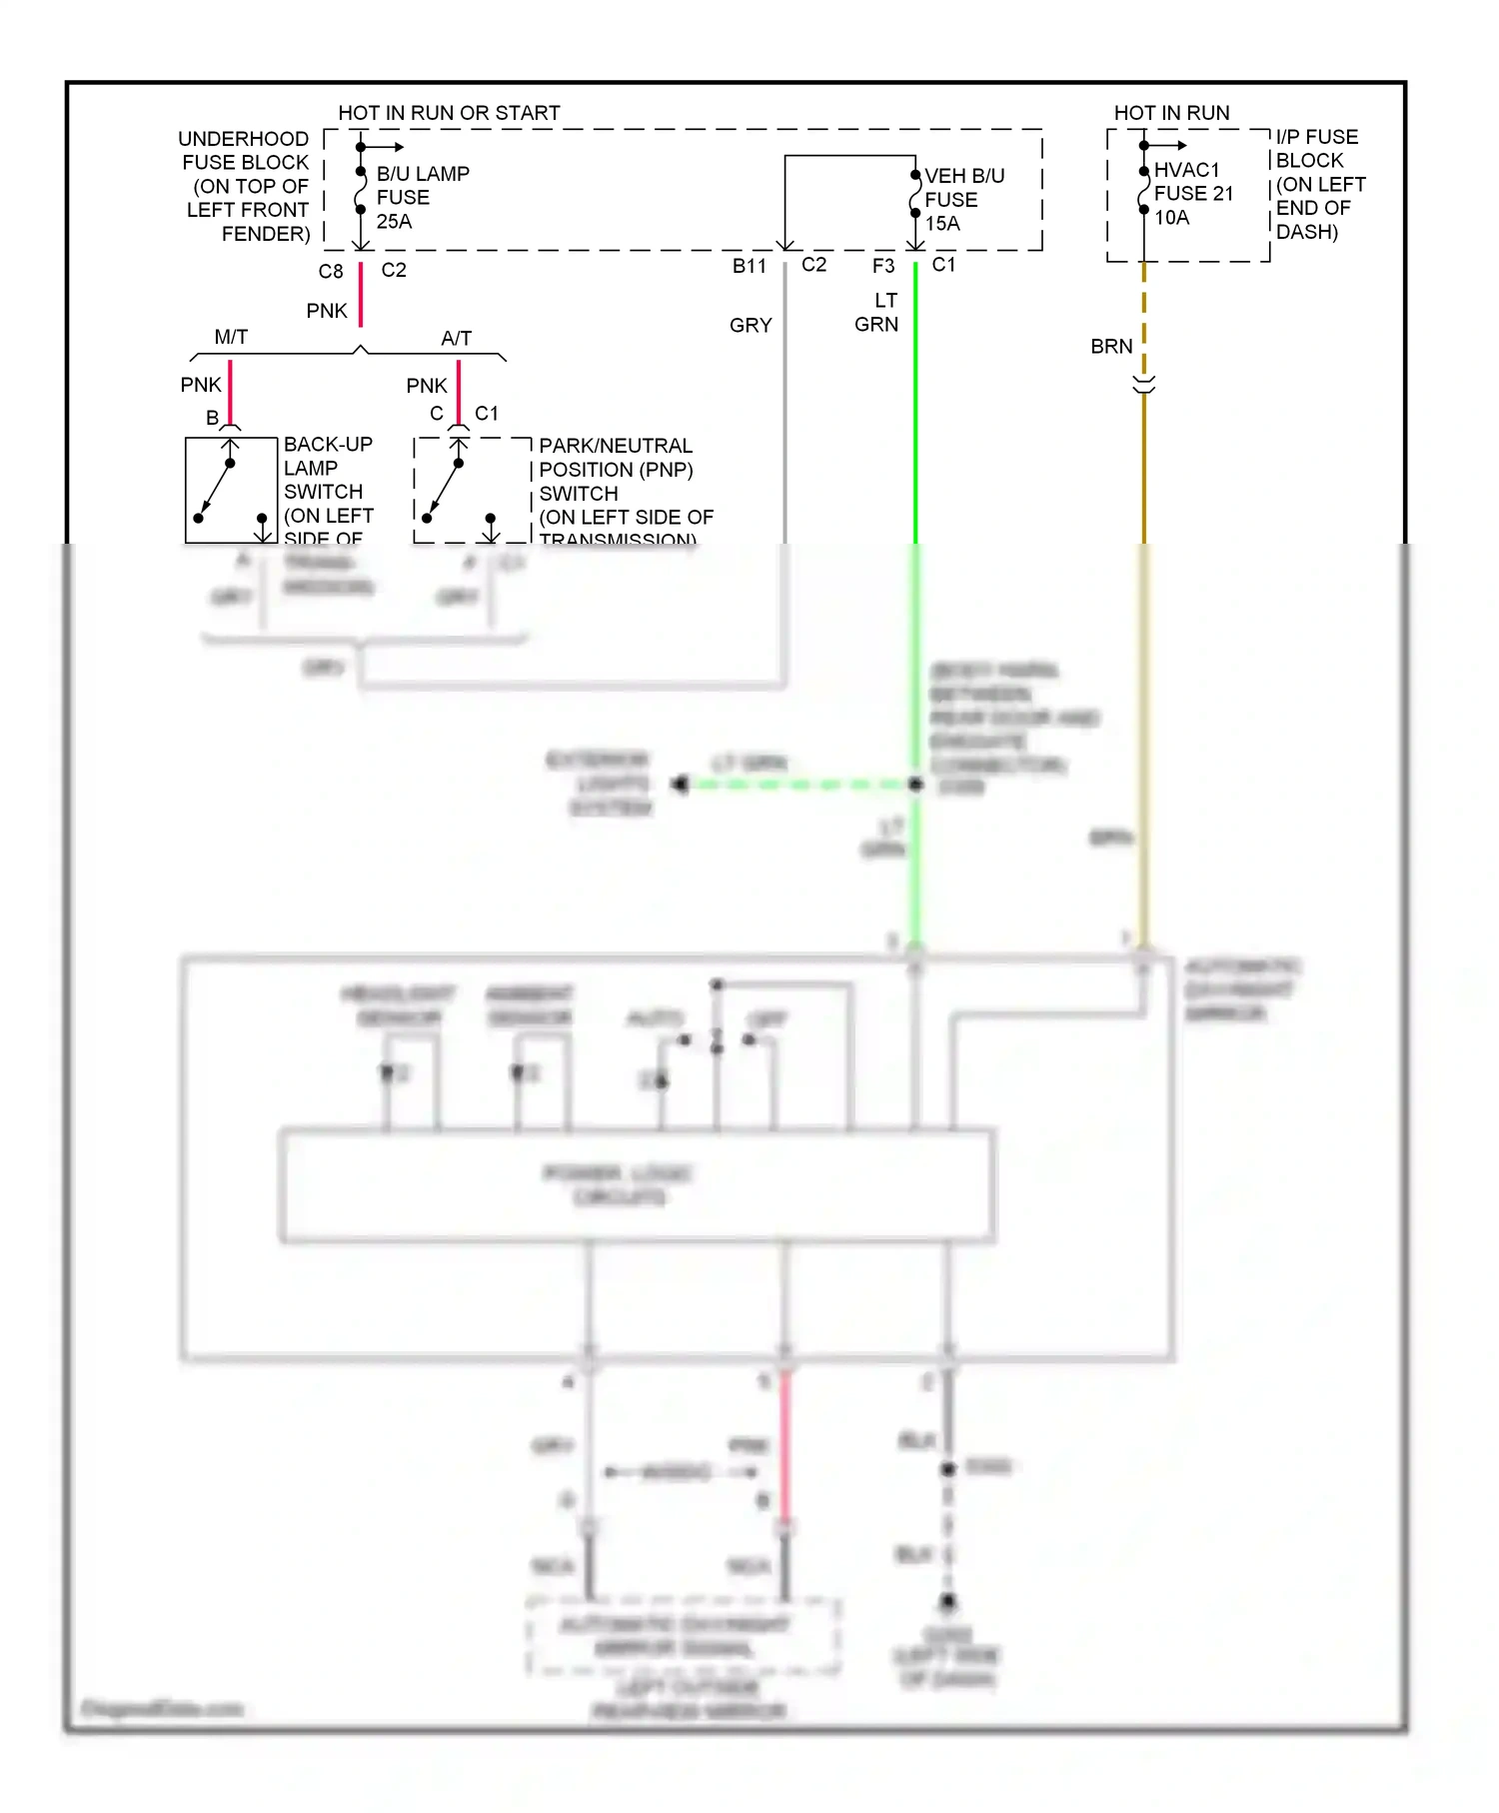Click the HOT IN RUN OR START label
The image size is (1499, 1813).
[449, 113]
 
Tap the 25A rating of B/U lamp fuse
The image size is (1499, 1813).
[394, 221]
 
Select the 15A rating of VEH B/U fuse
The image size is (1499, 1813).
[942, 223]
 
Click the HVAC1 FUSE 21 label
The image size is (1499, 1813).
[1193, 182]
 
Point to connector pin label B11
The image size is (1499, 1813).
[749, 266]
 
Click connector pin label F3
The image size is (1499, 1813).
[883, 266]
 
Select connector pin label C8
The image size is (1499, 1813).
[331, 271]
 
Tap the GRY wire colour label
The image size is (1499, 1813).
[750, 325]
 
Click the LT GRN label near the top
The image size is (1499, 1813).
[876, 312]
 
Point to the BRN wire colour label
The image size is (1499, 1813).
[1111, 346]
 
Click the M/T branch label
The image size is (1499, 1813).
[231, 337]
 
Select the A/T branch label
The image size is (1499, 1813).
[456, 338]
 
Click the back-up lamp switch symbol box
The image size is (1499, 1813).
[231, 490]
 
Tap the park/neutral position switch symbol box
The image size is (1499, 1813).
[472, 490]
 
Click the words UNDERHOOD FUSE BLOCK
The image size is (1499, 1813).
[245, 150]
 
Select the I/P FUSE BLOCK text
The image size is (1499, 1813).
[1316, 148]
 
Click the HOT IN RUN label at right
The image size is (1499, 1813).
[1171, 113]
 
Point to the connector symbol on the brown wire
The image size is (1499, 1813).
[1144, 384]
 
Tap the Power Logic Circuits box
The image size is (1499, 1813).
[636, 1185]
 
